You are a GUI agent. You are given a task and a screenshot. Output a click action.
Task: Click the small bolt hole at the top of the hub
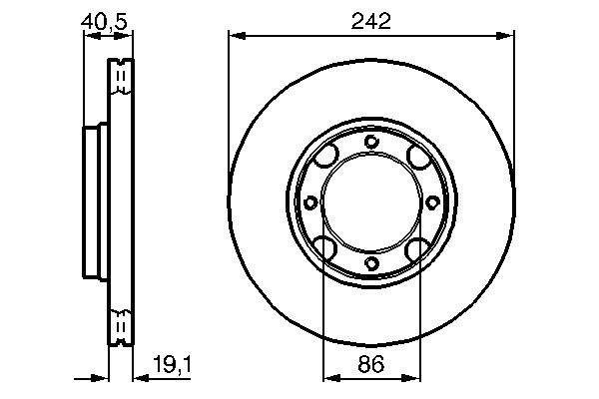pos(371,141)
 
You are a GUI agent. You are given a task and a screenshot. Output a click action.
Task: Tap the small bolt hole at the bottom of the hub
pos(371,263)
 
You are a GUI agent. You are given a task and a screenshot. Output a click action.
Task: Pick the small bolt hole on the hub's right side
pos(432,202)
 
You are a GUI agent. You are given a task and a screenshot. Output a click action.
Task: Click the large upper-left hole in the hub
pos(325,157)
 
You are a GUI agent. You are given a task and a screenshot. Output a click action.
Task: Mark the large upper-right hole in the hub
pos(417,157)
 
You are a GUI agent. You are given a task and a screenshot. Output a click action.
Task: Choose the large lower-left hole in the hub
pos(325,247)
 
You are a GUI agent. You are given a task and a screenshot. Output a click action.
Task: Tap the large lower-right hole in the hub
pos(417,247)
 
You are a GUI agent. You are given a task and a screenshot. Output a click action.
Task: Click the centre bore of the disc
pos(371,202)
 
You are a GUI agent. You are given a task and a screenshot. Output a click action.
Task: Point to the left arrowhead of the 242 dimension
pos(237,37)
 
